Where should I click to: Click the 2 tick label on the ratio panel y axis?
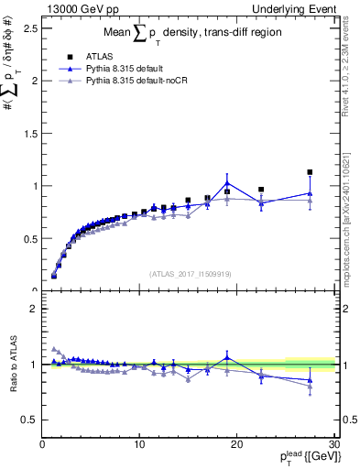tap(33, 309)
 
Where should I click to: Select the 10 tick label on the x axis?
tap(139, 445)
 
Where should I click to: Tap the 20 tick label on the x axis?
tap(236, 445)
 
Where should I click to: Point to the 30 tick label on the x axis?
tap(333, 445)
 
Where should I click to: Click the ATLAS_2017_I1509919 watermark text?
tap(191, 274)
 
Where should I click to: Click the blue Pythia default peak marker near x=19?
tap(227, 182)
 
